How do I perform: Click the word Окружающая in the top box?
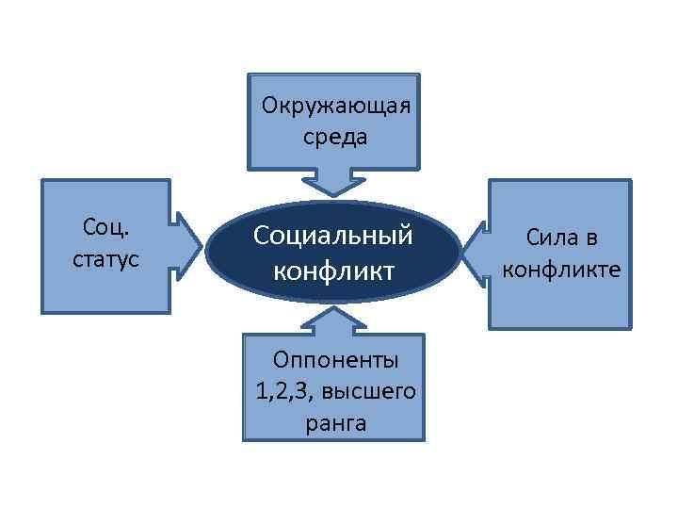pyautogui.click(x=336, y=103)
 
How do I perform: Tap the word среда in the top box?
pyautogui.click(x=335, y=136)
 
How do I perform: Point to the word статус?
pyautogui.click(x=105, y=258)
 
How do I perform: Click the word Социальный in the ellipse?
pyautogui.click(x=333, y=236)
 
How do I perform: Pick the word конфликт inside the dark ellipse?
pyautogui.click(x=333, y=271)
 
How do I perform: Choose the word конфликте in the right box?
pyautogui.click(x=561, y=270)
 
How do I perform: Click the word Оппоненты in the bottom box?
pyautogui.click(x=335, y=359)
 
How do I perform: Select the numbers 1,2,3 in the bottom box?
pyautogui.click(x=280, y=391)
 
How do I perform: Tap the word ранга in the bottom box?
pyautogui.click(x=335, y=423)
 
